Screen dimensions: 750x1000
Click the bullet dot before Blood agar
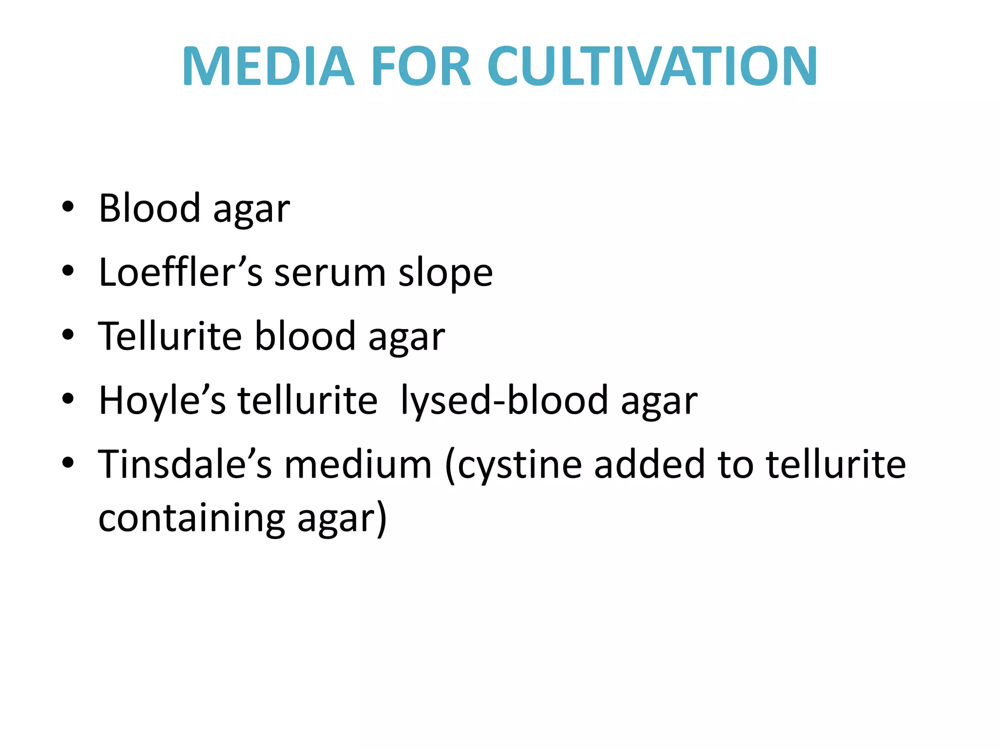(68, 207)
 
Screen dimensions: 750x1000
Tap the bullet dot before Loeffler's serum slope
(68, 271)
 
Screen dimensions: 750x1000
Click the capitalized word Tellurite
(170, 336)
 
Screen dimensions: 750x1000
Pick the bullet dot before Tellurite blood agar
(68, 335)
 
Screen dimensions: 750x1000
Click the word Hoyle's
(162, 400)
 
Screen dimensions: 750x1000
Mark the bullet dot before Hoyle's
(68, 399)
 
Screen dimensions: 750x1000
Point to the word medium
(358, 464)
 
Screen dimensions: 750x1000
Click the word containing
(192, 519)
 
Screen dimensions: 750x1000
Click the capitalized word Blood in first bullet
(149, 208)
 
